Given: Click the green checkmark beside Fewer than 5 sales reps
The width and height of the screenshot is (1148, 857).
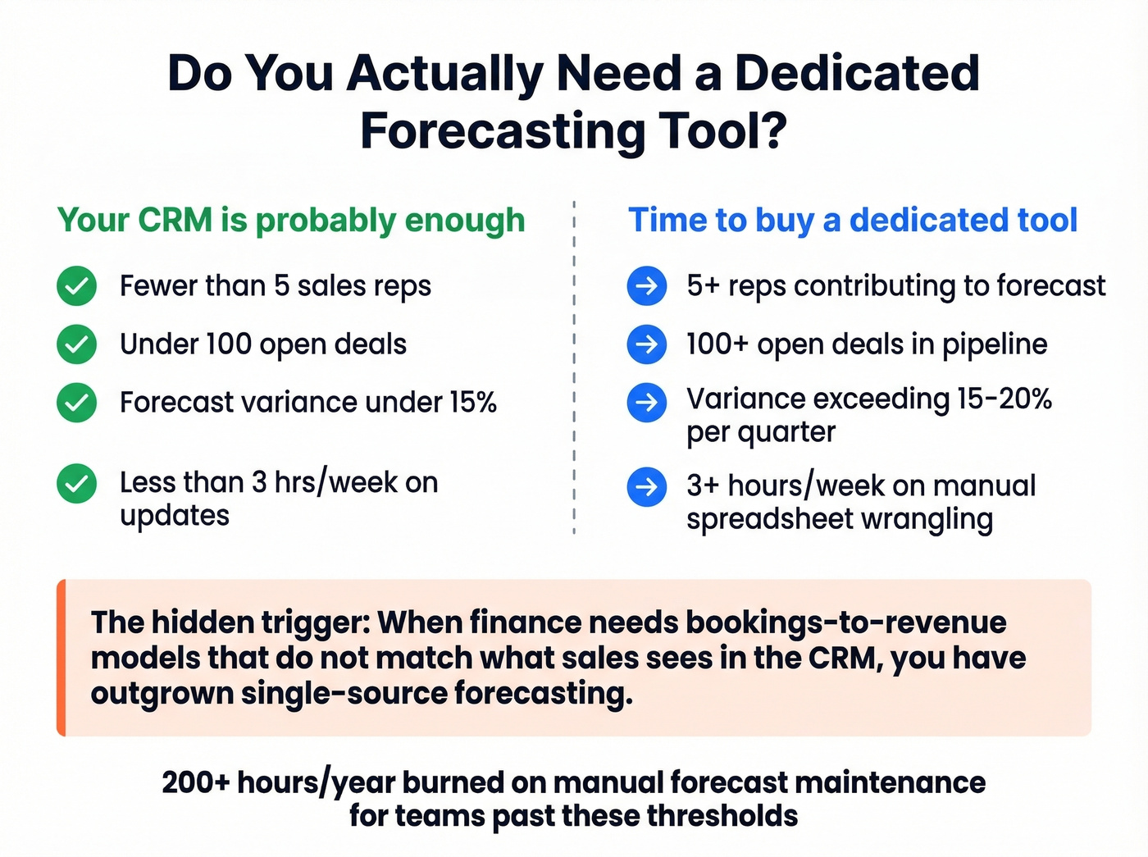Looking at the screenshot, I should coord(76,286).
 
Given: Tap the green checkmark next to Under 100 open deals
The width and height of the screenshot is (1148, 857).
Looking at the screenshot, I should coord(76,344).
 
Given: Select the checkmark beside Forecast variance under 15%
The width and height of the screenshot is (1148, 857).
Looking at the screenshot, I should coord(76,403).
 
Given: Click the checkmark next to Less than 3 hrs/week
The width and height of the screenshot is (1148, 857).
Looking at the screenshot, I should coord(76,483).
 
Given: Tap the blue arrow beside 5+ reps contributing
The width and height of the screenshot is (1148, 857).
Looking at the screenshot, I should coord(646,286).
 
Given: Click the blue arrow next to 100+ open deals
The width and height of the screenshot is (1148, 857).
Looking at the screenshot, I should coord(646,344).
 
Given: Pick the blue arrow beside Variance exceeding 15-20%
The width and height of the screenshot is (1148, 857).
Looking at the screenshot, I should coord(646,403).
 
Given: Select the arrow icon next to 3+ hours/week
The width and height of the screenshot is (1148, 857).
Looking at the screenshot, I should coord(646,487).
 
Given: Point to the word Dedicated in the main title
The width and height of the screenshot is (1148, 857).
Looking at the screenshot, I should coord(856,73).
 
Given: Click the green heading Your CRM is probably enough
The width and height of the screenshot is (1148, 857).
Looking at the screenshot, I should coord(291,221).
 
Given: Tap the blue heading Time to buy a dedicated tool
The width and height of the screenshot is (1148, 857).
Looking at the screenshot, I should coord(852,221).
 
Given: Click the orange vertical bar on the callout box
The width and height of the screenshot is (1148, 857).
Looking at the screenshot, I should coord(61,658).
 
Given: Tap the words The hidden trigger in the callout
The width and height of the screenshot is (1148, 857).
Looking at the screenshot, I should coord(230,622).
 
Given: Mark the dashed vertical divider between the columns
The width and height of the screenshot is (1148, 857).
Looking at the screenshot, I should coord(574,369).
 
